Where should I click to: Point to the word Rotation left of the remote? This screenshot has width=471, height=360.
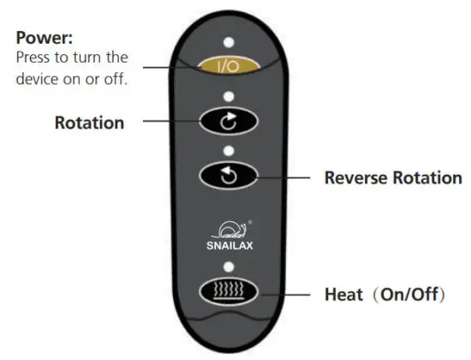[x=89, y=123]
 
